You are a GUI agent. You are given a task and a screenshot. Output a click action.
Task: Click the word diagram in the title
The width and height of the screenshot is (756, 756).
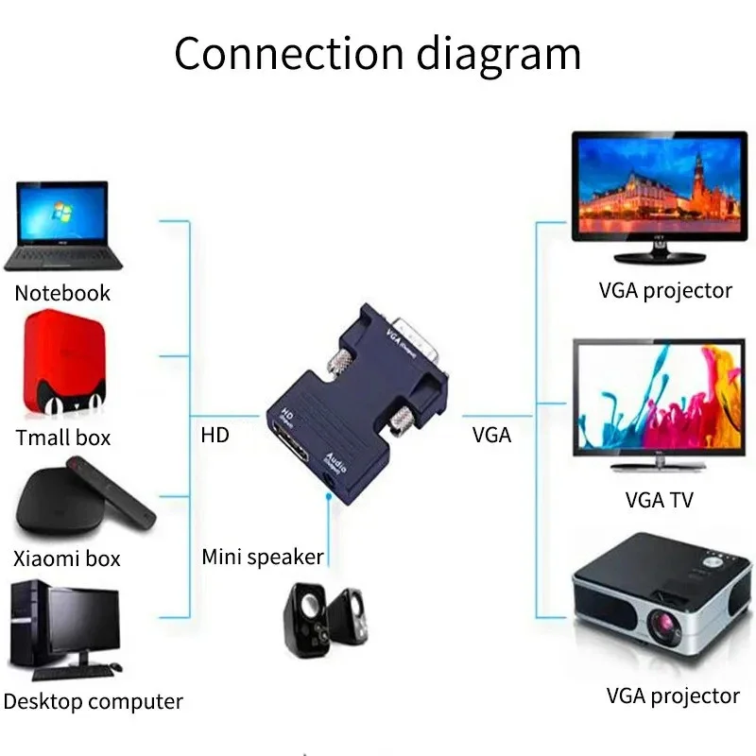(499, 55)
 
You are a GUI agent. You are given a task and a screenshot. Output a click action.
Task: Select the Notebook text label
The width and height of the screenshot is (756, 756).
(62, 293)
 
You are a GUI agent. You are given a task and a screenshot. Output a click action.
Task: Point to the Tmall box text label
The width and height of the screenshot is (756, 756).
(63, 438)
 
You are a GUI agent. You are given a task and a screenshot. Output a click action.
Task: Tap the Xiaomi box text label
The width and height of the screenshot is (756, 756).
(67, 558)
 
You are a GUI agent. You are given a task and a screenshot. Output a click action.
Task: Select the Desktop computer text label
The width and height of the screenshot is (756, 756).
(93, 702)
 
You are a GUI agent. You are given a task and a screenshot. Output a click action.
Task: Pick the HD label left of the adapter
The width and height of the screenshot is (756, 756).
(215, 436)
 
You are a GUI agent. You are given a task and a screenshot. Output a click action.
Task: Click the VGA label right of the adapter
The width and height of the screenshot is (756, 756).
(491, 436)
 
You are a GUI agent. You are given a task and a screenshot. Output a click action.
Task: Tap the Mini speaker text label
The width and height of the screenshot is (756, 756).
(263, 557)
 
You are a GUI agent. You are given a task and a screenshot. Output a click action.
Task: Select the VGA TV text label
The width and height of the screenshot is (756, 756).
(659, 500)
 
